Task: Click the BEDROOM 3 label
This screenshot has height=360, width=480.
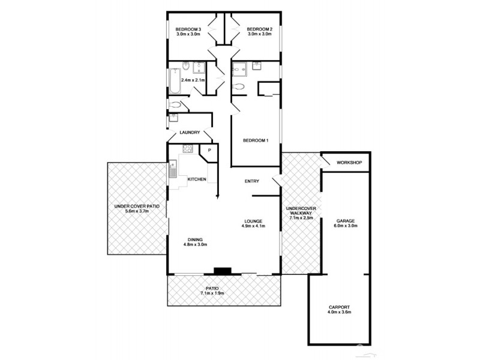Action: [188, 29]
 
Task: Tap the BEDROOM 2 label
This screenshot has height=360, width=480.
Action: [260, 29]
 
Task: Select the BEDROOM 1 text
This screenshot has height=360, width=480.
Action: [256, 140]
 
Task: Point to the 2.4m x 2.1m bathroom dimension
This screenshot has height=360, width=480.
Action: [193, 80]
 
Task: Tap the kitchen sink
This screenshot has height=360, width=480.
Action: [173, 169]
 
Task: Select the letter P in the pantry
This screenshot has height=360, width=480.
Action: [209, 150]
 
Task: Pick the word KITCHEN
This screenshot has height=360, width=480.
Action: [197, 179]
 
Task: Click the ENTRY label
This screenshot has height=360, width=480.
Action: [251, 181]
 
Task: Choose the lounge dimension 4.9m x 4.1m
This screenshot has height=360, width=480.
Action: [253, 226]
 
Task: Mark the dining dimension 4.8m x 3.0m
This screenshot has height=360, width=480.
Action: [195, 244]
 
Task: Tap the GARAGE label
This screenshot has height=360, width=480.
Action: [346, 220]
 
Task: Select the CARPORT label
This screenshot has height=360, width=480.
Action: [339, 307]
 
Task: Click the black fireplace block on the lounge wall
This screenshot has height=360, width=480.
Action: [223, 271]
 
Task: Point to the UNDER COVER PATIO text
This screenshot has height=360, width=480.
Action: [137, 206]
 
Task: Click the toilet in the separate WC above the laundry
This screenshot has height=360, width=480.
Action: [175, 105]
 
